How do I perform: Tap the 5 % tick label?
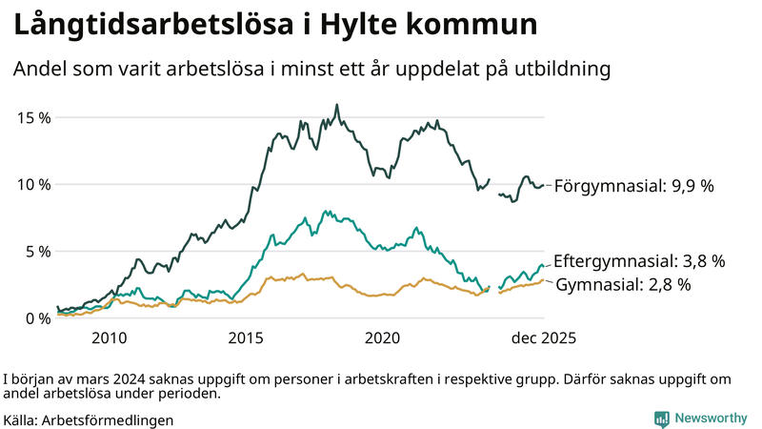coord(36,251)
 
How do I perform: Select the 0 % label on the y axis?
coord(36,317)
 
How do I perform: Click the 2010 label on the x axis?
coord(109,337)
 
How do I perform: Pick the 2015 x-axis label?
coord(246,337)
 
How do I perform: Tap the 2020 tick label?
coord(383,337)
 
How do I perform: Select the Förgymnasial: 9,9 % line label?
coord(633,187)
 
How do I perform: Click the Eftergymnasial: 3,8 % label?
coord(639,260)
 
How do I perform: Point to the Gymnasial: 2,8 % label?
coord(623,284)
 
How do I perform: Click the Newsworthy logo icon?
coord(662,419)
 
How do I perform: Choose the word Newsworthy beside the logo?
coord(712,419)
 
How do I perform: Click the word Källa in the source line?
coord(23,419)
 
